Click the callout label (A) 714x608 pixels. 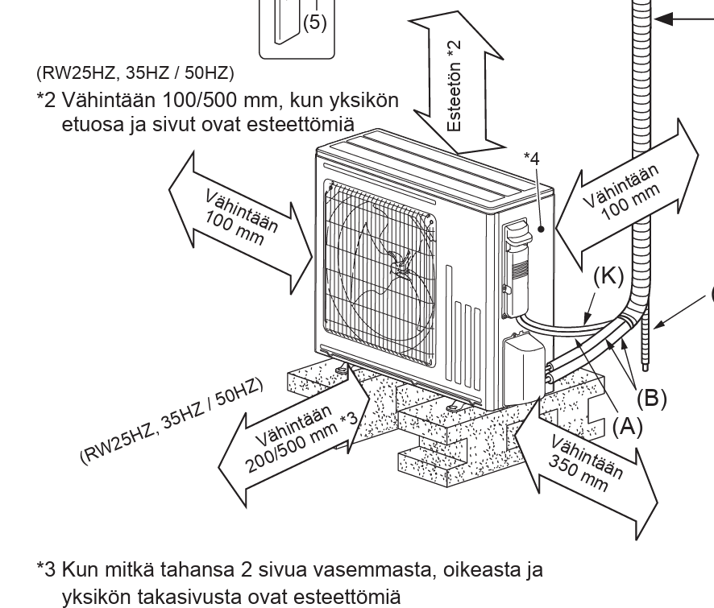[x=624, y=427]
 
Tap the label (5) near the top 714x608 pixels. [x=313, y=23]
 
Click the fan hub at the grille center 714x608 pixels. [x=397, y=260]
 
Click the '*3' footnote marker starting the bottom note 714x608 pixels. [x=46, y=570]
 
